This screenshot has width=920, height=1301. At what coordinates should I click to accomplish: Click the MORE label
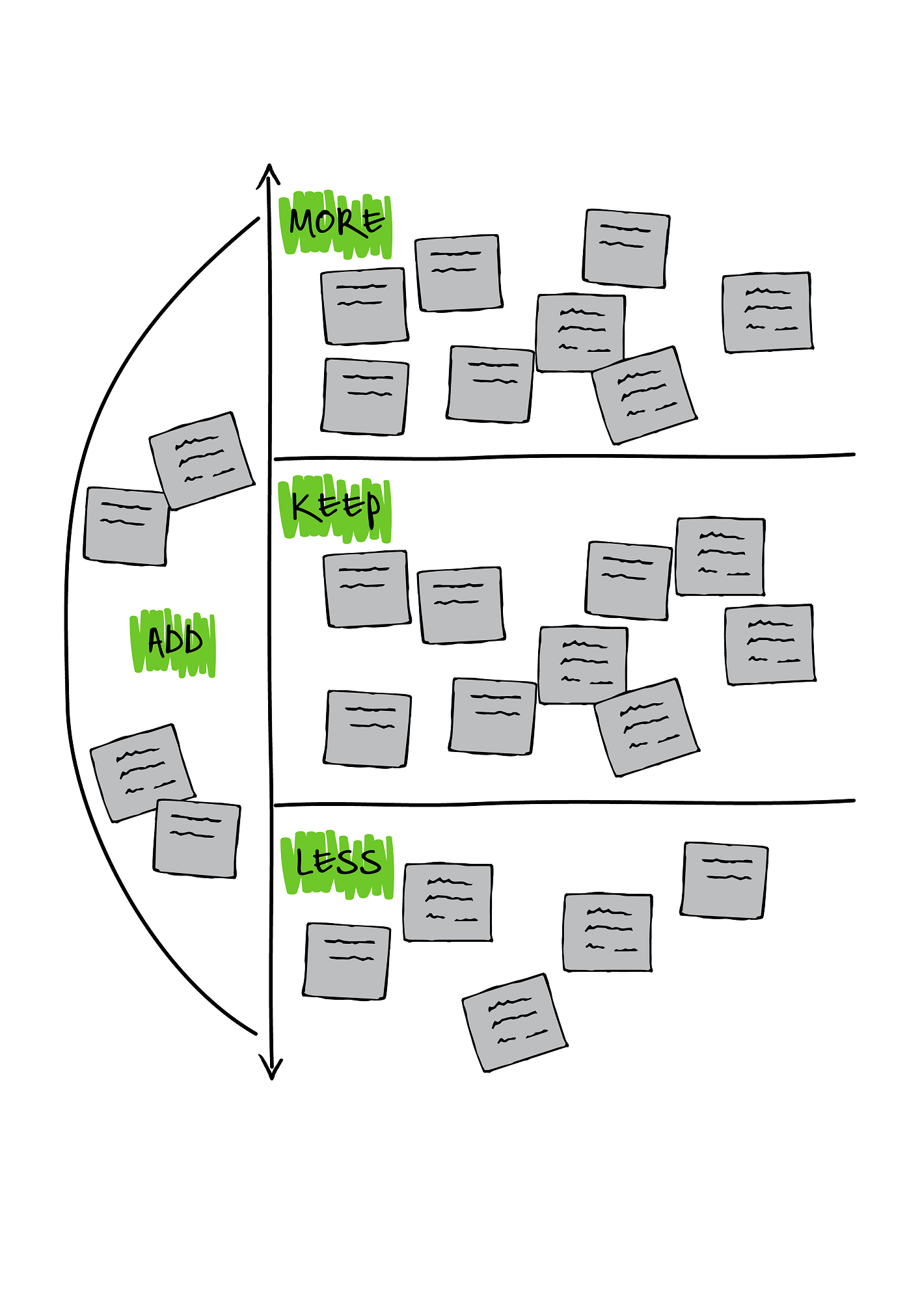pyautogui.click(x=336, y=223)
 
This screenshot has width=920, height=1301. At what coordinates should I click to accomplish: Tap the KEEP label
pyautogui.click(x=336, y=508)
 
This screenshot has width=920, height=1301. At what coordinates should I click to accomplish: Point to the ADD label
pyautogui.click(x=174, y=641)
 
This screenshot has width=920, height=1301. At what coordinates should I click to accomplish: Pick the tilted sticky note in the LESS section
pyautogui.click(x=515, y=1022)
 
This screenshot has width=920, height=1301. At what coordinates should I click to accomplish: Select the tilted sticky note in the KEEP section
pyautogui.click(x=647, y=727)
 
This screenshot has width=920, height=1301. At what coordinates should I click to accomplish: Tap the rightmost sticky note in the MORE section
pyautogui.click(x=768, y=312)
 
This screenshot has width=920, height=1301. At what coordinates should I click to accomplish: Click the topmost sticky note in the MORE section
pyautogui.click(x=626, y=248)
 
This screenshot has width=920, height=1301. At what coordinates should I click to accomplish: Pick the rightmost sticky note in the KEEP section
pyautogui.click(x=770, y=644)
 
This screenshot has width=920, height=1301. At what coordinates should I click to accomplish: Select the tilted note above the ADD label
pyautogui.click(x=202, y=460)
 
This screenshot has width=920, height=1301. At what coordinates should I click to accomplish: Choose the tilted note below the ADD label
pyautogui.click(x=142, y=773)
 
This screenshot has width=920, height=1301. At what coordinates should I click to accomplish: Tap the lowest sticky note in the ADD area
pyautogui.click(x=196, y=838)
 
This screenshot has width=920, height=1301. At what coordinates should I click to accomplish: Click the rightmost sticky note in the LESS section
pyautogui.click(x=724, y=880)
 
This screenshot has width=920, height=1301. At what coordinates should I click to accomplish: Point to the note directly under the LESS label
pyautogui.click(x=346, y=960)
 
